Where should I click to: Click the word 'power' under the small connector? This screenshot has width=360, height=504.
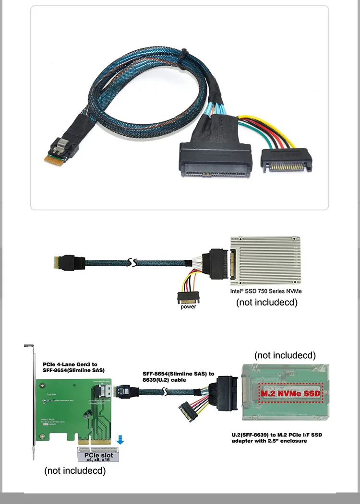(188, 306)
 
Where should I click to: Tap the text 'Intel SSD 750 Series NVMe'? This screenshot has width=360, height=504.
(266, 291)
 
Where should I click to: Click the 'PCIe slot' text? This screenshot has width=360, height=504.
(98, 455)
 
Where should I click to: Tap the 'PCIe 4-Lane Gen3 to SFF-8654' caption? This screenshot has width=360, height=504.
(73, 367)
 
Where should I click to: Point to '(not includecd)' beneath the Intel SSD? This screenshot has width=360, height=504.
(267, 303)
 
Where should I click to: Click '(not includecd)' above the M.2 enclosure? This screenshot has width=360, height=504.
(285, 355)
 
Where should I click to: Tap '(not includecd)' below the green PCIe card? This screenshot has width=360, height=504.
(75, 471)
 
